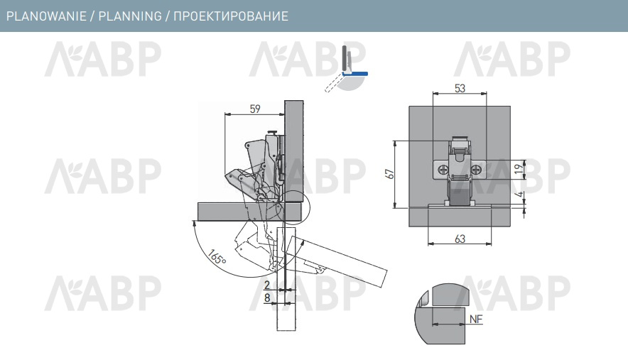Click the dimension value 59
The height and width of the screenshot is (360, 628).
tap(254, 109)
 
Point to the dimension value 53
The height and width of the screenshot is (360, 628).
tap(460, 88)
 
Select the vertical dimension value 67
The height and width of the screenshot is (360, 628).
tap(388, 175)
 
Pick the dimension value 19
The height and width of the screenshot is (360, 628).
tap(520, 168)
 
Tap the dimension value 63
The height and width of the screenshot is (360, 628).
tap(460, 239)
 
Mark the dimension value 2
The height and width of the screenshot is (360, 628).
tap(266, 285)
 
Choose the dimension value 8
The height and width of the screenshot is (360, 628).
tap(266, 298)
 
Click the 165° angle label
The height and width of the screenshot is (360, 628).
tap(217, 257)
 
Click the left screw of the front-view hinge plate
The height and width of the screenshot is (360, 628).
tap(443, 169)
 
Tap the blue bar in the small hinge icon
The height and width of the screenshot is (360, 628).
tap(357, 72)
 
